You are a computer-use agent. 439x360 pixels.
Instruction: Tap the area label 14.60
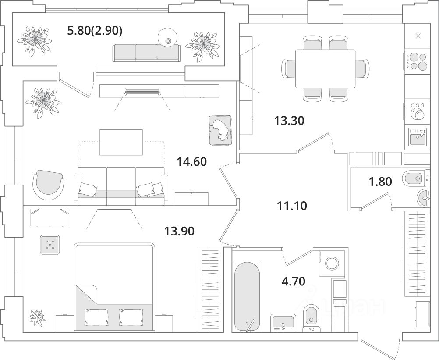pos(192,162)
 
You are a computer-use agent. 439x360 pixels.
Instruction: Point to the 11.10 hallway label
pos(292,205)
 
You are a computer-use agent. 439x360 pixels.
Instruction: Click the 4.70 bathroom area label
pos(294,280)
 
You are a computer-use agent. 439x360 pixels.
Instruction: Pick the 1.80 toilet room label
pos(379,181)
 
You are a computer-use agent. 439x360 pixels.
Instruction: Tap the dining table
pos(325,68)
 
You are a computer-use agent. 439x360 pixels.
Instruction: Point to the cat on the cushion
pos(220,130)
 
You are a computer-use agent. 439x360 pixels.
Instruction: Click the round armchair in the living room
pos(48,185)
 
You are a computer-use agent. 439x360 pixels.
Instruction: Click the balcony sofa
pos(146,53)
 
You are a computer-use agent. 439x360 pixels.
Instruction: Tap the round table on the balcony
pos(168,37)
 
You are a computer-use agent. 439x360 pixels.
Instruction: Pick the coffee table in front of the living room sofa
pos(121,142)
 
